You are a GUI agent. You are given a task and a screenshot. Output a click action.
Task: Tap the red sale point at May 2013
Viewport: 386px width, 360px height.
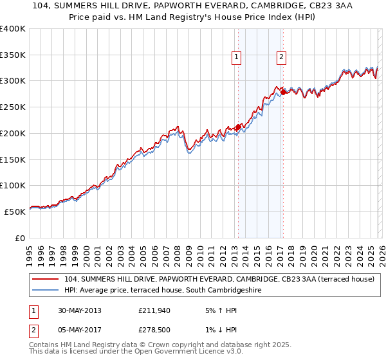click(x=238, y=127)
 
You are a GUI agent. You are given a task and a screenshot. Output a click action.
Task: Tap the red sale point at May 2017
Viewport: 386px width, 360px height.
click(x=283, y=93)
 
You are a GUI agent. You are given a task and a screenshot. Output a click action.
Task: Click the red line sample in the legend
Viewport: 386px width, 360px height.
click(x=46, y=279)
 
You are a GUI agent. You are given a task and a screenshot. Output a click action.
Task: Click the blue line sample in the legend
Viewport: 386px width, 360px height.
click(x=46, y=291)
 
